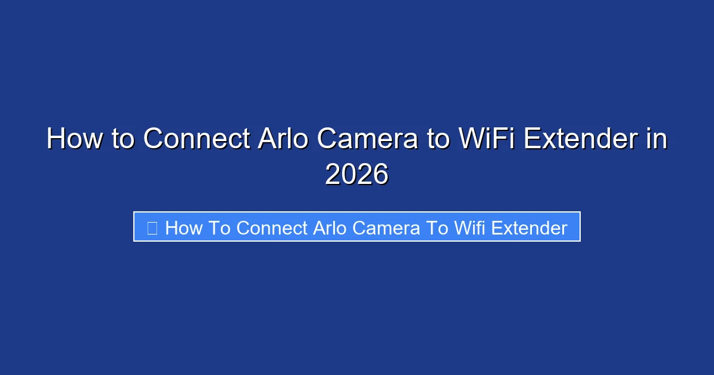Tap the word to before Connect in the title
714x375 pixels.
click(x=123, y=139)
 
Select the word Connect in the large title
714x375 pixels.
click(x=196, y=139)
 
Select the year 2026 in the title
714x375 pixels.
click(x=357, y=174)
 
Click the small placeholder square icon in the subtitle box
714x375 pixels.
click(x=152, y=227)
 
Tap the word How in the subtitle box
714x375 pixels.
click(x=184, y=227)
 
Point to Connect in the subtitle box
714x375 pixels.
click(x=273, y=227)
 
